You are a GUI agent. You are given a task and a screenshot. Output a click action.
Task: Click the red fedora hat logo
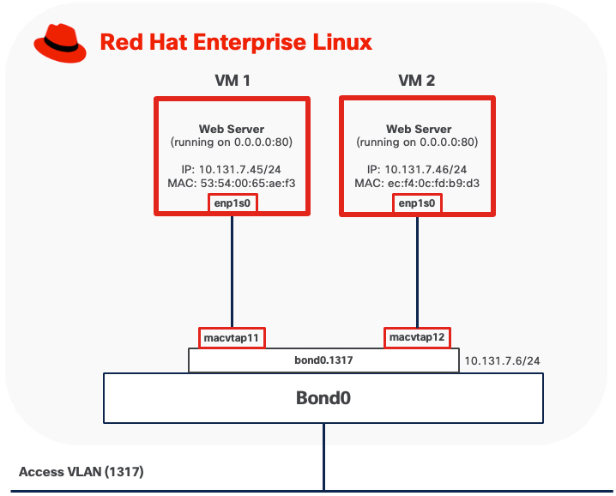point(60,43)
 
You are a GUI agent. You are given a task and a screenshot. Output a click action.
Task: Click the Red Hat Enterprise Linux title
point(236,42)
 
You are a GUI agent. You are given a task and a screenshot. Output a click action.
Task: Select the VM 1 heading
point(232,82)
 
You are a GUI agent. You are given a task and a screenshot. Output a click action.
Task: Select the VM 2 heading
point(418,82)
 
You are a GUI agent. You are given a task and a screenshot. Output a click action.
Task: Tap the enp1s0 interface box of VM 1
point(233,203)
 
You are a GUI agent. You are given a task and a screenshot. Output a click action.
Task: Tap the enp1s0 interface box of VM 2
point(418,203)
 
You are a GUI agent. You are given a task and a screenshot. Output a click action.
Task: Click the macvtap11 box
point(232,337)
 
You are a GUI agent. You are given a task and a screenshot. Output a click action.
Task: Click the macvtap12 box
point(418,337)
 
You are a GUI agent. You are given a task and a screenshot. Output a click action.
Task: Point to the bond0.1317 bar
point(323,360)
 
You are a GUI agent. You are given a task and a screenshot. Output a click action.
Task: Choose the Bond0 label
point(323,398)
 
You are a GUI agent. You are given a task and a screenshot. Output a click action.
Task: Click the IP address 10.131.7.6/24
point(502,360)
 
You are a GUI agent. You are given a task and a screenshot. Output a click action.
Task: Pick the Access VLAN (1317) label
point(81,472)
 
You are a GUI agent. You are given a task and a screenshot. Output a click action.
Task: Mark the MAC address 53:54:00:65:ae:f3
point(231,183)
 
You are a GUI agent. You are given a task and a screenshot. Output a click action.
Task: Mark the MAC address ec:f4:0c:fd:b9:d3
point(418,183)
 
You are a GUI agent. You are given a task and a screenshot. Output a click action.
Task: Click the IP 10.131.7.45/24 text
point(231,169)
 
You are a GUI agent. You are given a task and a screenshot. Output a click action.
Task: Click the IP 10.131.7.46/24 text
point(418,169)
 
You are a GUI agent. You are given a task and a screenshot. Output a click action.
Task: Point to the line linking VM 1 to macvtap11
point(232,270)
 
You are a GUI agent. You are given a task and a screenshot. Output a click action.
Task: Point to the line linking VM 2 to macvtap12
point(418,270)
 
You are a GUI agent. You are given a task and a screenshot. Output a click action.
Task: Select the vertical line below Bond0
point(324,455)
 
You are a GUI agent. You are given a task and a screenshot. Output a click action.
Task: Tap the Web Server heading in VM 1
point(231,129)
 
